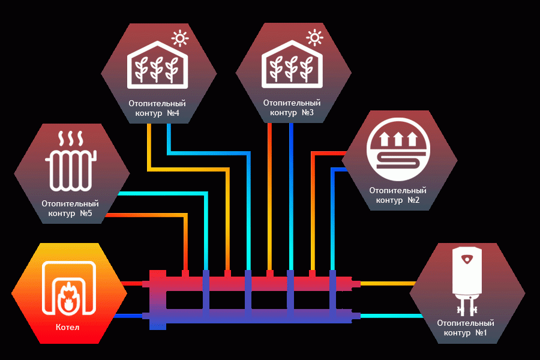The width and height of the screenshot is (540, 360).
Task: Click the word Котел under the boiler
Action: (67, 327)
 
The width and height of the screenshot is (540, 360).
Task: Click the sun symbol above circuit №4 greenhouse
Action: (180, 38)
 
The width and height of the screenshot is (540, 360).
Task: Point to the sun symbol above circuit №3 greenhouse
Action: (314, 38)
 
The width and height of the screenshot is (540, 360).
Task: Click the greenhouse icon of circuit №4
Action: (158, 65)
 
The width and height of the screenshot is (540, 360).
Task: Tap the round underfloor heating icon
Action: (398, 149)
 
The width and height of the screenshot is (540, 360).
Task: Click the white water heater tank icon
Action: (467, 281)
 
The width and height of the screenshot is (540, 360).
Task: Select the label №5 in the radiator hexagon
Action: (86, 213)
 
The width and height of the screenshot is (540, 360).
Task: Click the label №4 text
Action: (173, 113)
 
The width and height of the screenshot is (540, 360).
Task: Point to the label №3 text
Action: (308, 112)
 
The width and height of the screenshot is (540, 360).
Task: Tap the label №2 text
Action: (413, 200)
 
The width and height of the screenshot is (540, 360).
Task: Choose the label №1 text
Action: (481, 332)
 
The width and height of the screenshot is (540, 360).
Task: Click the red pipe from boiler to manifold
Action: (132, 284)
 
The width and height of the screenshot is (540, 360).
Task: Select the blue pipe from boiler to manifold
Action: (129, 316)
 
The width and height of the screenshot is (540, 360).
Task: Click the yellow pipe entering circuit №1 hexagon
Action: (388, 284)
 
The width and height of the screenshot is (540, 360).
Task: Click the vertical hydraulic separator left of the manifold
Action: (158, 300)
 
